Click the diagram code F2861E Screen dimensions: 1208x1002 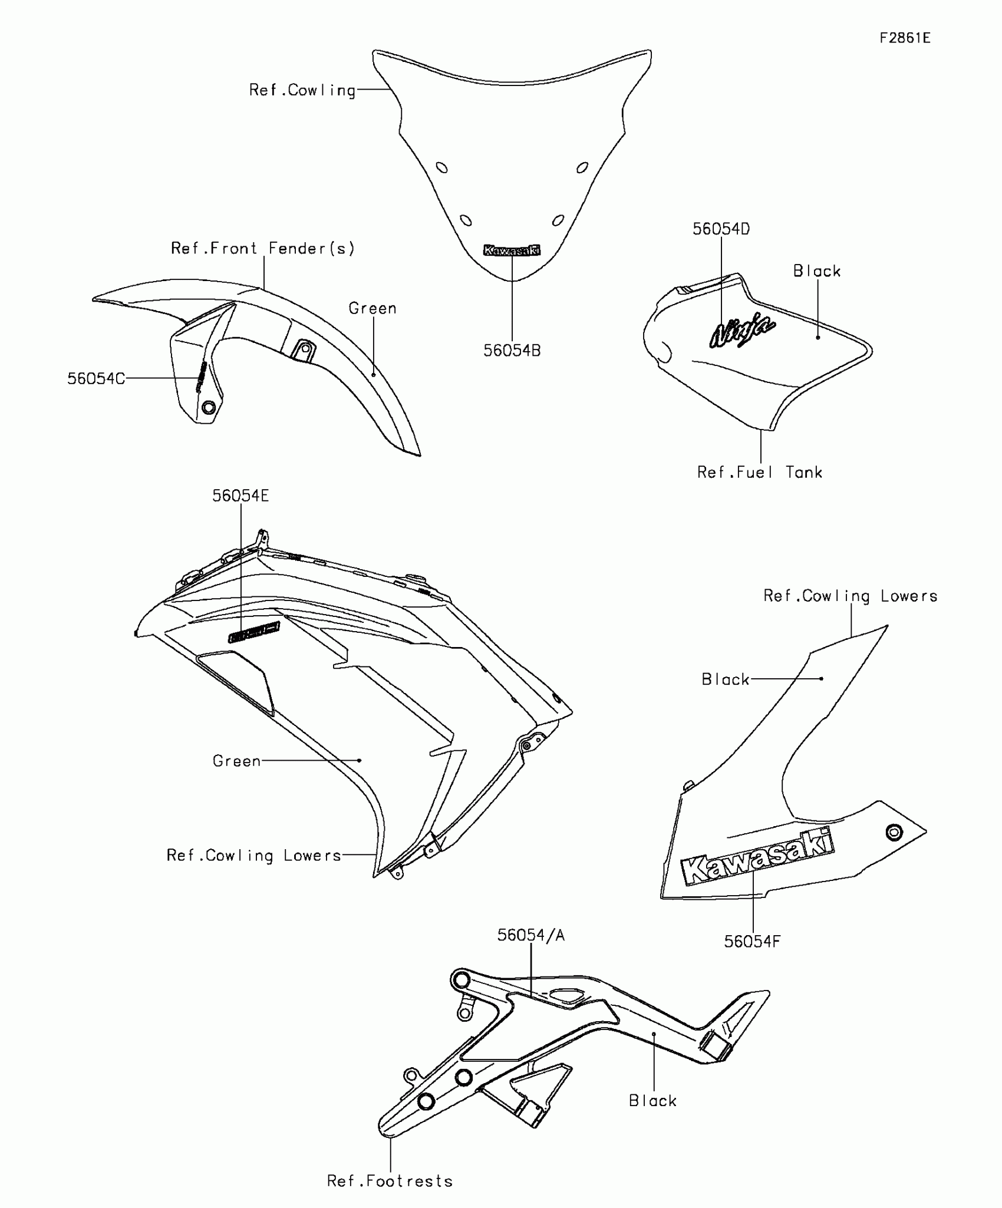click(x=905, y=38)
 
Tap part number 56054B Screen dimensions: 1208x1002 click(x=512, y=351)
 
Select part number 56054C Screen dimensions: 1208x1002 click(x=96, y=378)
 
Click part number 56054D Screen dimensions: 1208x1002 click(x=721, y=229)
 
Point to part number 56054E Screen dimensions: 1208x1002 click(x=240, y=496)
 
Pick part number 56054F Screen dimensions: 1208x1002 click(x=752, y=942)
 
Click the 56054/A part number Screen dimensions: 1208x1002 click(x=530, y=935)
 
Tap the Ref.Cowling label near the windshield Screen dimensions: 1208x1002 click(x=302, y=90)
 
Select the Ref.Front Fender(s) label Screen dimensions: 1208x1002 click(x=263, y=248)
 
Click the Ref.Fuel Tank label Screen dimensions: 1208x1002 click(x=759, y=472)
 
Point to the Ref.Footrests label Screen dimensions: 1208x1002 click(x=390, y=1181)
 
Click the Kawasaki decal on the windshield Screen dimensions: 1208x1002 click(x=512, y=250)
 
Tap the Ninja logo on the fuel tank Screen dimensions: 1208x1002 click(x=742, y=332)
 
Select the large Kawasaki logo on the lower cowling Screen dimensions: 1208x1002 click(x=757, y=856)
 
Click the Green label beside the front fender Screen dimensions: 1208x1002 click(x=373, y=308)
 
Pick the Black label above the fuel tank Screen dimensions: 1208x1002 click(x=817, y=271)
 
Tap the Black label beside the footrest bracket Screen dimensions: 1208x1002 click(x=652, y=1101)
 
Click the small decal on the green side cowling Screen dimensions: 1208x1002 click(x=254, y=633)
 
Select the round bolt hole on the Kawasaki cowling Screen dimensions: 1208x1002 click(x=894, y=833)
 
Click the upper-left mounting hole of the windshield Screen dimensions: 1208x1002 click(x=441, y=167)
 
